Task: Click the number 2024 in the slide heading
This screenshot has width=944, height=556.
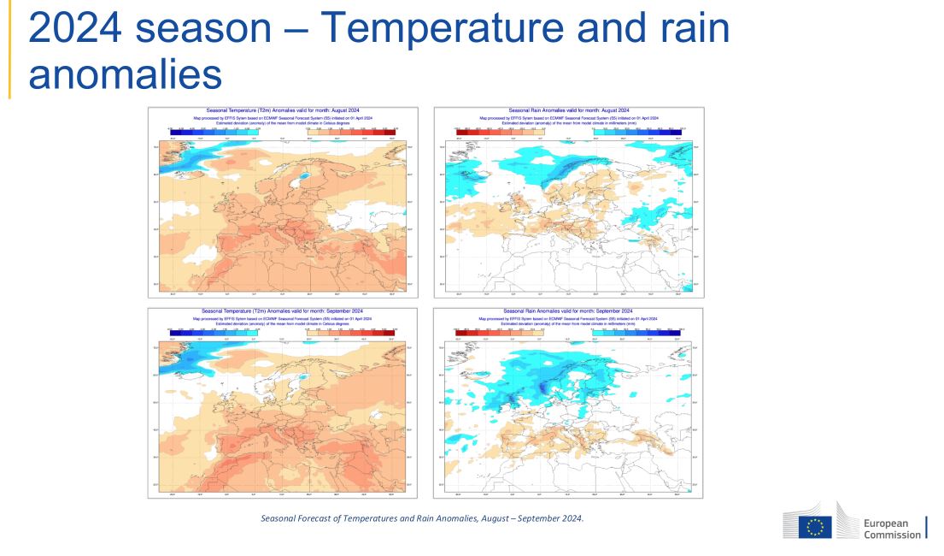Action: (x=76, y=29)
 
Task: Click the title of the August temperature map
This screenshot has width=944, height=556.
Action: (x=283, y=110)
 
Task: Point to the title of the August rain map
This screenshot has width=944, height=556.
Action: (x=568, y=110)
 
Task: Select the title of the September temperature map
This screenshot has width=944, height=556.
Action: (x=283, y=311)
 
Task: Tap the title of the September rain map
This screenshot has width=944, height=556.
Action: (x=568, y=311)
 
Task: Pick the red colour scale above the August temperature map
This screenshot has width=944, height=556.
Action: (x=351, y=130)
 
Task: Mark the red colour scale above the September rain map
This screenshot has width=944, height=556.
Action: (x=495, y=330)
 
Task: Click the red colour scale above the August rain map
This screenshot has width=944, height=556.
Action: (x=495, y=130)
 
